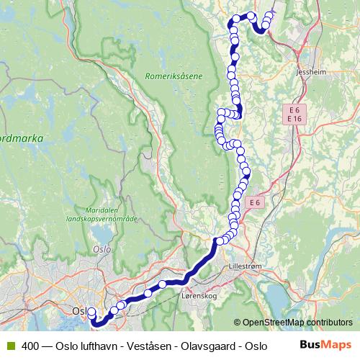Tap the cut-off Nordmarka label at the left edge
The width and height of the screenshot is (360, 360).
click(x=22, y=135)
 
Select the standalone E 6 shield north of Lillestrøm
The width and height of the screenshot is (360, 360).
click(x=253, y=203)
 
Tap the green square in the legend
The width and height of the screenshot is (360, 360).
click(x=10, y=346)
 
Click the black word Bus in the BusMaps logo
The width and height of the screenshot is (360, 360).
click(x=309, y=345)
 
